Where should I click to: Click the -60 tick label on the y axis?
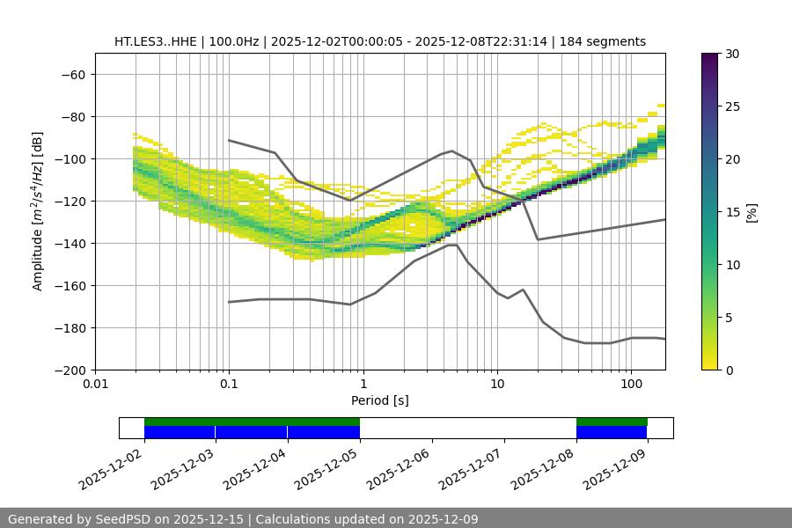(72, 74)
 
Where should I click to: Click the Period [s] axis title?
(379, 400)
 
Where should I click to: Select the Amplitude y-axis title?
(38, 211)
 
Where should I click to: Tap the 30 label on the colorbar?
(732, 54)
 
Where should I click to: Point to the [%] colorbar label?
(752, 212)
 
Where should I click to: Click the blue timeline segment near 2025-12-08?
(612, 432)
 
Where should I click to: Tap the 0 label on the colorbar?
(729, 370)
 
